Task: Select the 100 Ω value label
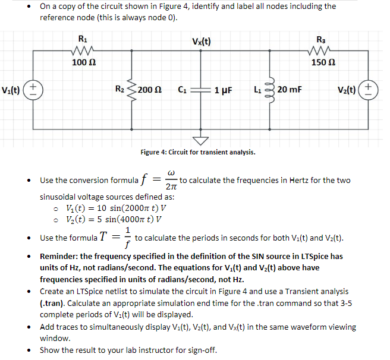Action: [81, 62]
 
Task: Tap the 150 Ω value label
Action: [323, 62]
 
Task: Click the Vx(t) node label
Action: [202, 42]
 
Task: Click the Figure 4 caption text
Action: [198, 153]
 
